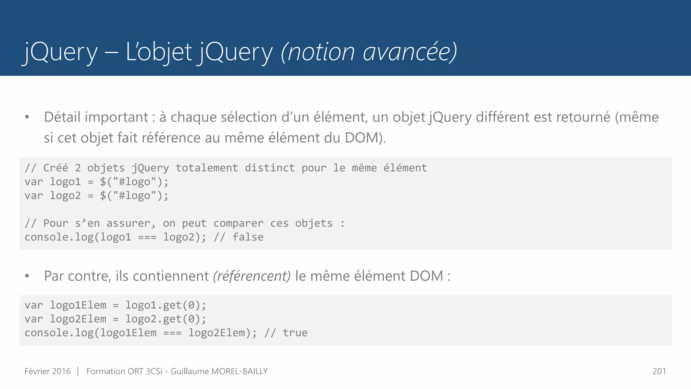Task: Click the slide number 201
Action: [659, 371]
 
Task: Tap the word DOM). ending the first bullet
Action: [365, 138]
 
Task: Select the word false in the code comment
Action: [248, 237]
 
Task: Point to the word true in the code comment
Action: [295, 333]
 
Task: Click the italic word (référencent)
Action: [252, 276]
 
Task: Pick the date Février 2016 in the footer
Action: [48, 371]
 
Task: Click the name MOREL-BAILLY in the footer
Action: [239, 371]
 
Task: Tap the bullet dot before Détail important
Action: [27, 118]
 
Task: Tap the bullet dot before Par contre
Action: [27, 276]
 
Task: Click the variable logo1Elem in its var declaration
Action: [78, 305]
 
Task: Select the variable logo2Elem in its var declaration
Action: [78, 319]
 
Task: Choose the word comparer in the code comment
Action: [238, 223]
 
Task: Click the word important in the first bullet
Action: [116, 117]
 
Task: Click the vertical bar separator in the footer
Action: [78, 371]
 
